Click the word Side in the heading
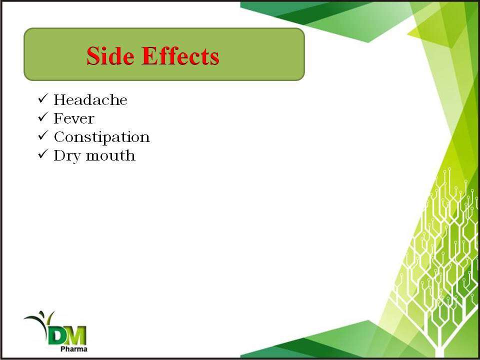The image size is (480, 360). coord(110,55)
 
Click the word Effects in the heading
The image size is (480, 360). coord(180,55)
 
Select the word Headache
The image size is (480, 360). coord(90,100)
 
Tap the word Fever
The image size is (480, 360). coord(74,118)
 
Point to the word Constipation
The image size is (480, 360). coord(101,137)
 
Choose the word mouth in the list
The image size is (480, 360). coord(110,155)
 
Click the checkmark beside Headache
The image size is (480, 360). coord(43,99)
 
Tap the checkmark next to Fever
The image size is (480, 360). coord(43,117)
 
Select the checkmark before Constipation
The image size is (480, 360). coord(43,135)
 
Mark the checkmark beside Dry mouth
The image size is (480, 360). coord(43,154)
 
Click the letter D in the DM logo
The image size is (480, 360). coord(57,336)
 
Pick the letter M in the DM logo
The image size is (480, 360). coord(76,336)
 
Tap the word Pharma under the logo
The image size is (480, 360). coord(74,349)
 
